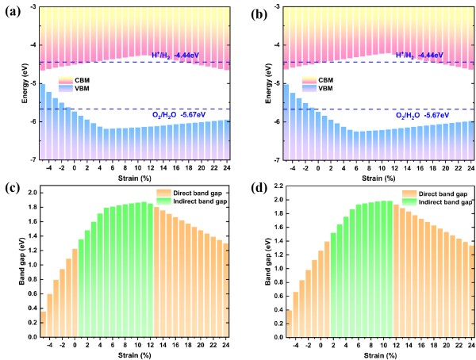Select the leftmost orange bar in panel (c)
[44, 324]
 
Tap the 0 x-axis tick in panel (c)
[75, 344]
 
